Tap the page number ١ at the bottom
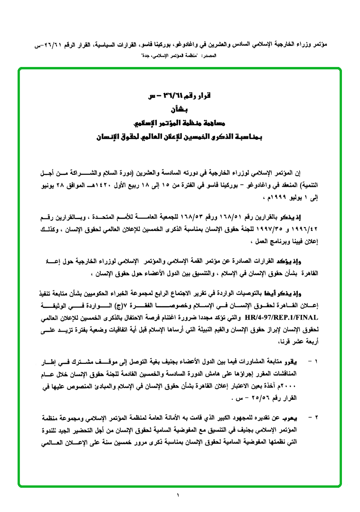(x=179, y=496)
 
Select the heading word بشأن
(x=179, y=109)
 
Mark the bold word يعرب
(x=296, y=418)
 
